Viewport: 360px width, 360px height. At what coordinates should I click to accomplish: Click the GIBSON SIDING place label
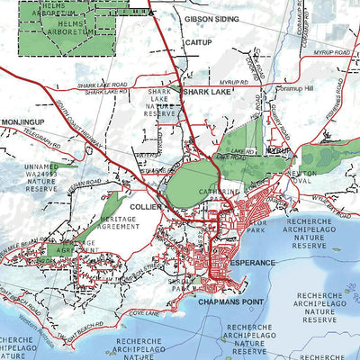[x=212, y=17]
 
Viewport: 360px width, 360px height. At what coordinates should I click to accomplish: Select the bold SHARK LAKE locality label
[x=208, y=91]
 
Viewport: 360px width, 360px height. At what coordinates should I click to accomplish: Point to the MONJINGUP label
[x=22, y=121]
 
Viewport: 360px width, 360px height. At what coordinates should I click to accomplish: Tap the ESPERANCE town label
[x=253, y=260]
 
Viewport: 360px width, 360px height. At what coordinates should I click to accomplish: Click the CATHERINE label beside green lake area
[x=226, y=191]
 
